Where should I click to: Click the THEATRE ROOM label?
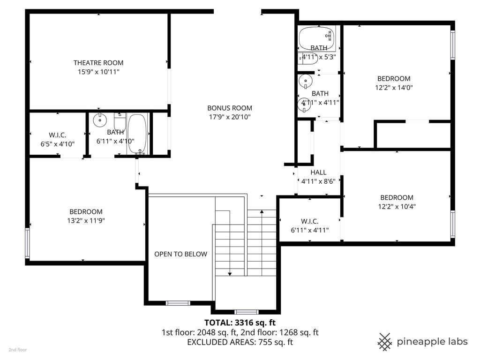point(98,63)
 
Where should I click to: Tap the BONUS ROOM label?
point(230,108)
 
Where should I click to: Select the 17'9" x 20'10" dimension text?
point(230,117)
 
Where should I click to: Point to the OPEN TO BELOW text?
point(180,254)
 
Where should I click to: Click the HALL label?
point(318,172)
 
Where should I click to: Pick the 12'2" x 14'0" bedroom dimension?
point(394,88)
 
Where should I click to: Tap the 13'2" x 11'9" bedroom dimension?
point(86,220)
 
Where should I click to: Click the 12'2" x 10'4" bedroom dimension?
point(397,206)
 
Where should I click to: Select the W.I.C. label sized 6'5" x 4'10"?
point(58,135)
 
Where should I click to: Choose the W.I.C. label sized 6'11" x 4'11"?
point(309,221)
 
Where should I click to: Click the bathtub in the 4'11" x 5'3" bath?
point(316,38)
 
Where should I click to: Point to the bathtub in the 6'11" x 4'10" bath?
point(137,134)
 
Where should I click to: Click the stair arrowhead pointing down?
point(230,274)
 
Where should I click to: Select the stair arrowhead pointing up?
point(262,211)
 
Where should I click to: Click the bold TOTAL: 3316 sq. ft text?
point(240,322)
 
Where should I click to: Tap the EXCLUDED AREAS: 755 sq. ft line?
point(240,342)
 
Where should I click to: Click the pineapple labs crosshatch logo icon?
point(385,342)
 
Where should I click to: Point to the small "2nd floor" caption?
point(18,350)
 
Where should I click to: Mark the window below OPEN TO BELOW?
point(178,303)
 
